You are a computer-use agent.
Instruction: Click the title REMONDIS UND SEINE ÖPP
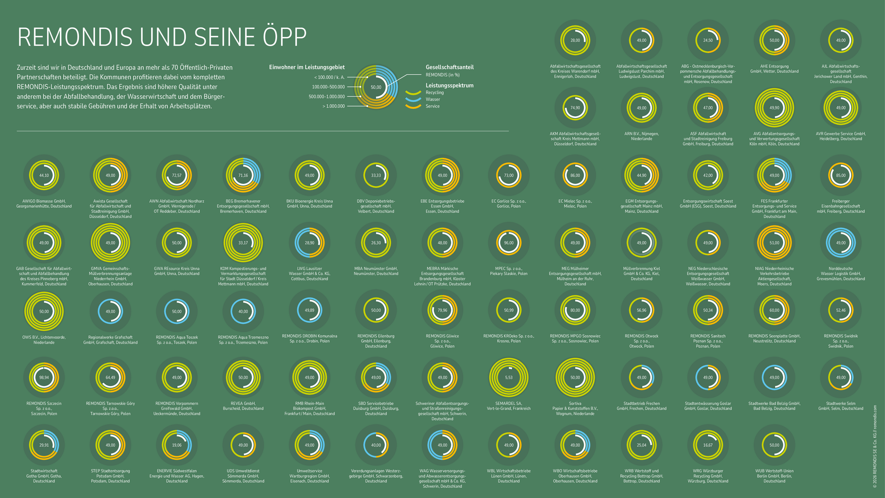coord(162,37)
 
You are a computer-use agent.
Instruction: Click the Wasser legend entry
coord(432,99)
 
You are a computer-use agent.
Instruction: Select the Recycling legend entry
coord(434,92)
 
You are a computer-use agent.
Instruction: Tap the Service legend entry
coord(432,106)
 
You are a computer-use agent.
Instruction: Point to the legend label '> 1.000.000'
coord(333,106)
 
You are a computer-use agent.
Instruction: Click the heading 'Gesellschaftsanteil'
coord(449,67)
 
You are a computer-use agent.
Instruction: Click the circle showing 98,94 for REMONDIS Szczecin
coord(44,377)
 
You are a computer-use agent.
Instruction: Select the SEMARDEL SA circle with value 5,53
coord(508,377)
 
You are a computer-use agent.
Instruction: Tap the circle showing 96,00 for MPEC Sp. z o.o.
coord(508,243)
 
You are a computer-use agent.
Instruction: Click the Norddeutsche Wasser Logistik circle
coord(840,243)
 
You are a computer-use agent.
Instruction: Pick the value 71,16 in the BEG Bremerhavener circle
coord(243,175)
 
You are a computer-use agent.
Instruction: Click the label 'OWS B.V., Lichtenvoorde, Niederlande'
coord(44,340)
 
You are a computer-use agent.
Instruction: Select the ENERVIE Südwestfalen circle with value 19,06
coord(177,445)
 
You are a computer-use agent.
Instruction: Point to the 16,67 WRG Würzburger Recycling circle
coord(708,445)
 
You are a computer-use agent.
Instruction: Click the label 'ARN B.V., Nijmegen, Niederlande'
coord(641,136)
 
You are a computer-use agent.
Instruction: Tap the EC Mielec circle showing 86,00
coord(575,175)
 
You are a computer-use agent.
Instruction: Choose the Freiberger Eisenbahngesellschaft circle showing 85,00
coord(840,175)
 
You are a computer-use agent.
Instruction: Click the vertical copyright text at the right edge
coord(874,445)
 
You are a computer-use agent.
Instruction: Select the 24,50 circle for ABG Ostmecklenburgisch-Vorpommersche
coord(708,40)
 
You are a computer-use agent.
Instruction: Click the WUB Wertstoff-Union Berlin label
coord(774,476)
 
